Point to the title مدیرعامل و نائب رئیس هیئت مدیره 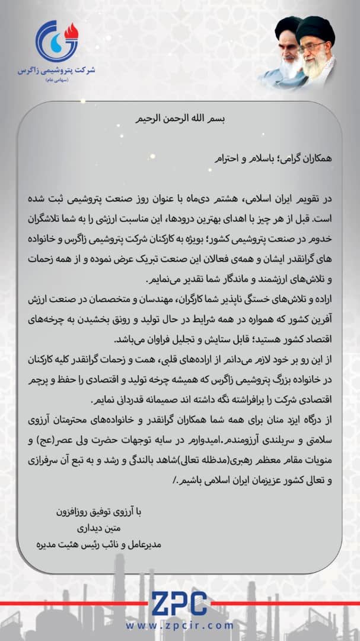(x=98, y=542)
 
